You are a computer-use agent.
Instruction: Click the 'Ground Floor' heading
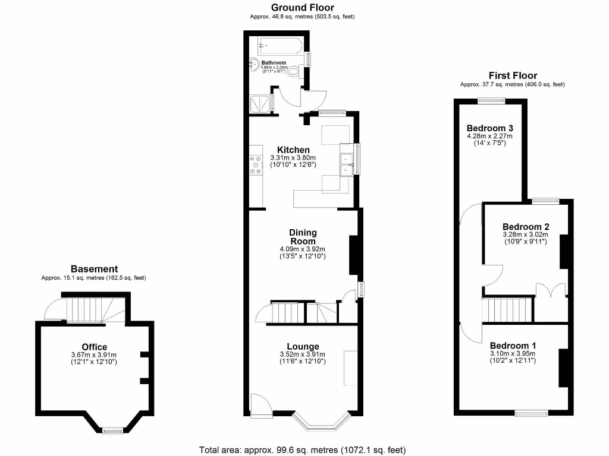tap(303, 8)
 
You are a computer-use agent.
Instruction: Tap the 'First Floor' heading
tap(513, 75)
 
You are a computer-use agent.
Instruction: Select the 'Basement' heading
tap(94, 269)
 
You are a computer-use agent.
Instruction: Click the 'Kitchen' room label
tap(293, 150)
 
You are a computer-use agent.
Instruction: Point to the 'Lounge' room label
tap(303, 347)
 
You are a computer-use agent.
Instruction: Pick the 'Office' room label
tap(94, 347)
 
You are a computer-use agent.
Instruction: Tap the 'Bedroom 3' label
tap(489, 128)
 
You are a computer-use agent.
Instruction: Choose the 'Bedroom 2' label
tap(525, 227)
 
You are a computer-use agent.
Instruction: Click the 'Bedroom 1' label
tap(513, 346)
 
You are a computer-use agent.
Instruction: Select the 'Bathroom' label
tap(274, 62)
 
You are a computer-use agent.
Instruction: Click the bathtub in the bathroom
tap(280, 46)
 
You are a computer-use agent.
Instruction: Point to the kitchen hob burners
tap(256, 164)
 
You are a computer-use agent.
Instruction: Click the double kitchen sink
tap(346, 164)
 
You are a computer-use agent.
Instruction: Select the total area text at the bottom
tap(303, 450)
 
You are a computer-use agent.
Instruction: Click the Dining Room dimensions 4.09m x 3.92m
tap(303, 249)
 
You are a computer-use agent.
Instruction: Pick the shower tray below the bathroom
tap(261, 103)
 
